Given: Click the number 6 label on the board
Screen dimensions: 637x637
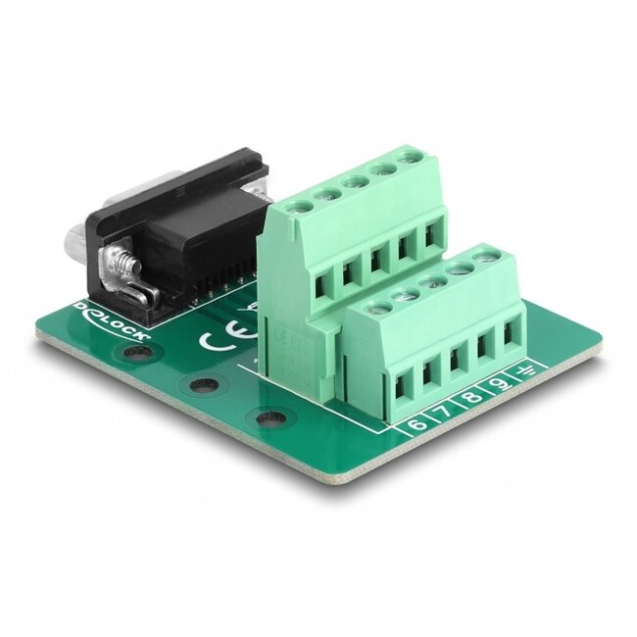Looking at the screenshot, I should [x=416, y=424].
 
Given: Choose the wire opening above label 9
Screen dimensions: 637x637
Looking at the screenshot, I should [x=484, y=345].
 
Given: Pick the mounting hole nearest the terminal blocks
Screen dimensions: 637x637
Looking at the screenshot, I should [x=269, y=417].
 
